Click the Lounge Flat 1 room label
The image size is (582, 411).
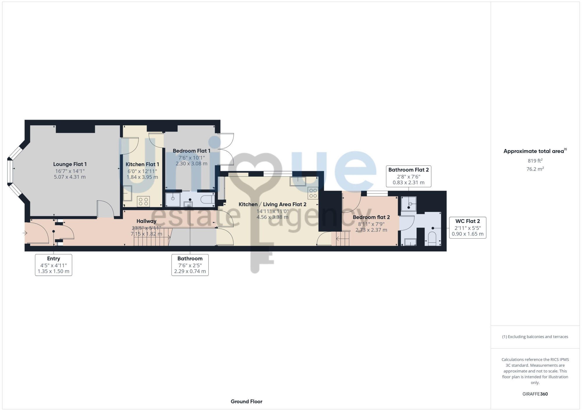click(x=70, y=164)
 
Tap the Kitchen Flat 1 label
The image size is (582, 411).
click(x=142, y=164)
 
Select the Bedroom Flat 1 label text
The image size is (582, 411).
click(x=191, y=151)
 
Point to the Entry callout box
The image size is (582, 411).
click(x=54, y=265)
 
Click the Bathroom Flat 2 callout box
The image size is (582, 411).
click(x=409, y=176)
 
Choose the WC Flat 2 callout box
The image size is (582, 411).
click(x=468, y=228)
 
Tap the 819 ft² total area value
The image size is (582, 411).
click(x=535, y=161)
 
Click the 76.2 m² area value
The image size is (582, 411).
click(x=535, y=169)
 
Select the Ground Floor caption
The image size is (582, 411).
click(x=246, y=401)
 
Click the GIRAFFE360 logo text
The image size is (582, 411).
click(x=535, y=394)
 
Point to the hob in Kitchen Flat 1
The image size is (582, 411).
click(x=143, y=201)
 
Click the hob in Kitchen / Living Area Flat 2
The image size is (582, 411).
click(x=313, y=193)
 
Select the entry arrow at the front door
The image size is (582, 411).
click(x=25, y=233)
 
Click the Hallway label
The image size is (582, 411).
click(x=146, y=221)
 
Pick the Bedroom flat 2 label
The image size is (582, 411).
click(x=371, y=217)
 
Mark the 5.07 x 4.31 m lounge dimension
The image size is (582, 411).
click(x=70, y=177)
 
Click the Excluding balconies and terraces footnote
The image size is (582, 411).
click(x=535, y=337)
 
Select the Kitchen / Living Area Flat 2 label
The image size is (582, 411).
click(x=272, y=204)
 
